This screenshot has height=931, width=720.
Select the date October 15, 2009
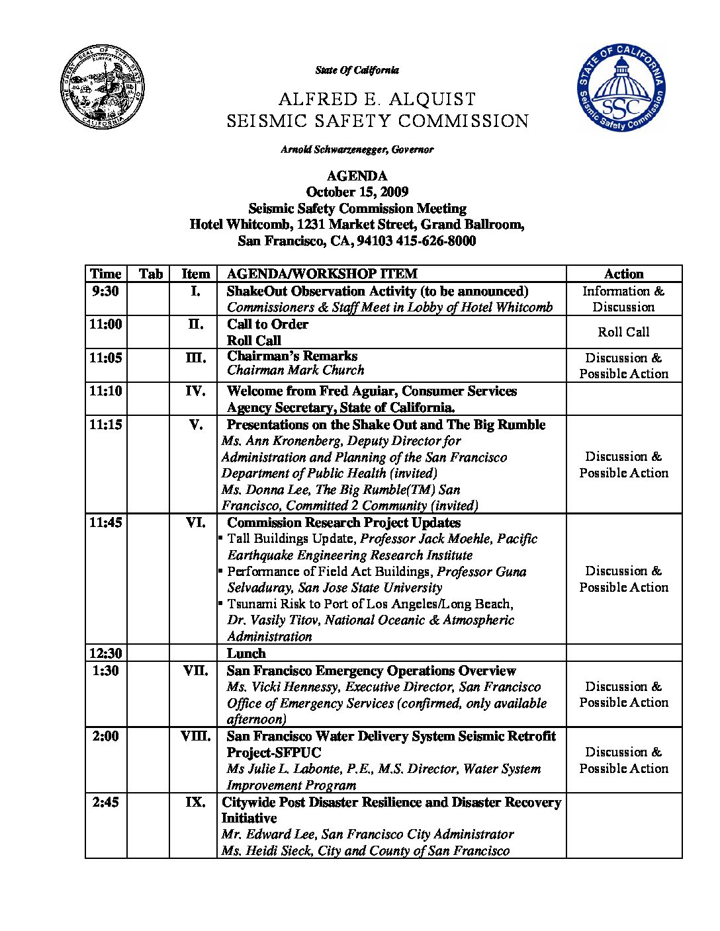pos(357,192)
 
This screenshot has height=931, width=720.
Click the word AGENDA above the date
pos(357,176)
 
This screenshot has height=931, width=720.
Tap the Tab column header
pos(151,274)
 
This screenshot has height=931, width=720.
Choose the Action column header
pos(623,274)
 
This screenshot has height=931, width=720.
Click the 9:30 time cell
pos(106,291)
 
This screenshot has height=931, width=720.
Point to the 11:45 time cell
pos(106,522)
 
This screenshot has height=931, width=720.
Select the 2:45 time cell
pos(106,802)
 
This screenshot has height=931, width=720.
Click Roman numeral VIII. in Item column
pos(196,736)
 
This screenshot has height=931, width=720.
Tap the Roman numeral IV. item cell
pos(195,391)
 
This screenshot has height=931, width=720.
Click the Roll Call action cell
pos(623,332)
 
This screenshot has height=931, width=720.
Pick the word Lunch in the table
pos(246,653)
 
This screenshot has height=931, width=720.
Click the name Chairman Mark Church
pos(296,370)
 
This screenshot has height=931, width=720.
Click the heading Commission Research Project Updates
pos(343,522)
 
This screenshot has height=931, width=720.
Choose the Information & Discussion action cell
pos(623,299)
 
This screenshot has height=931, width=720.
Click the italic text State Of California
pos(357,70)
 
